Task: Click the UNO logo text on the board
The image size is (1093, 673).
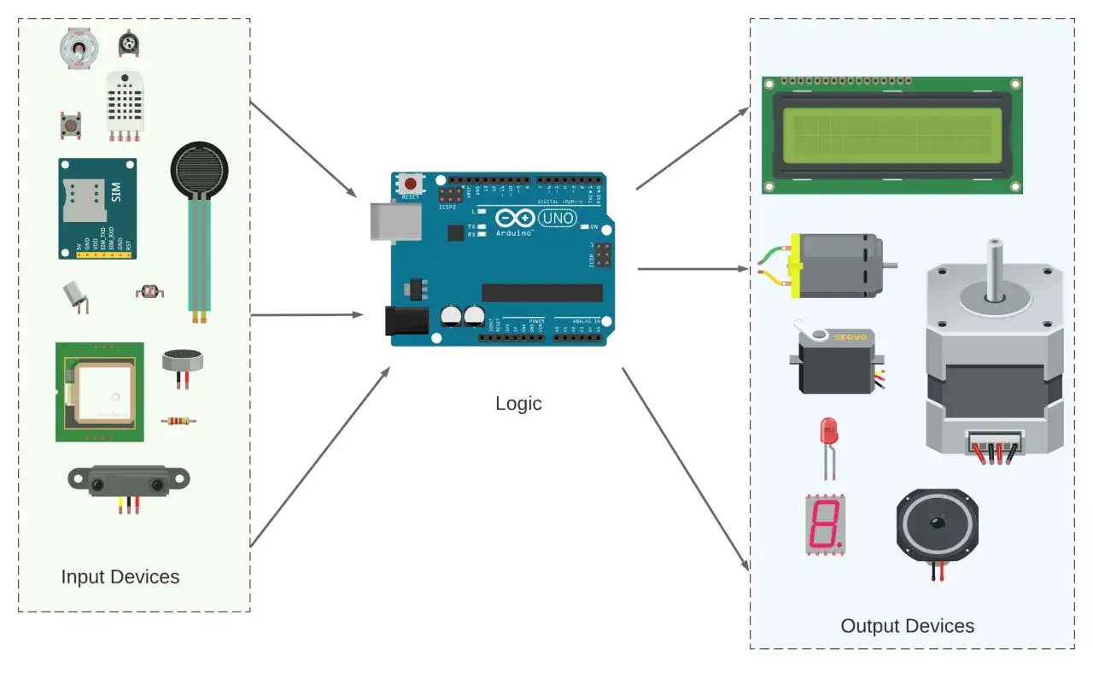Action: [558, 219]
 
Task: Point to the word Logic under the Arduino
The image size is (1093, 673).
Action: [518, 403]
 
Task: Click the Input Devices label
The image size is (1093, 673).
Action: [120, 576]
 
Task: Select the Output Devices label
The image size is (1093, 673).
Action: [907, 626]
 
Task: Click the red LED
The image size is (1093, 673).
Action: [827, 431]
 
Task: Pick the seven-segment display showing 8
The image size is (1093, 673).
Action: [825, 523]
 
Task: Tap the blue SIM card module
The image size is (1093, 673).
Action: [97, 208]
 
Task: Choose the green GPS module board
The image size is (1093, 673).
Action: [100, 392]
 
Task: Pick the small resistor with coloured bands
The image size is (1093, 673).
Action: [175, 420]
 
